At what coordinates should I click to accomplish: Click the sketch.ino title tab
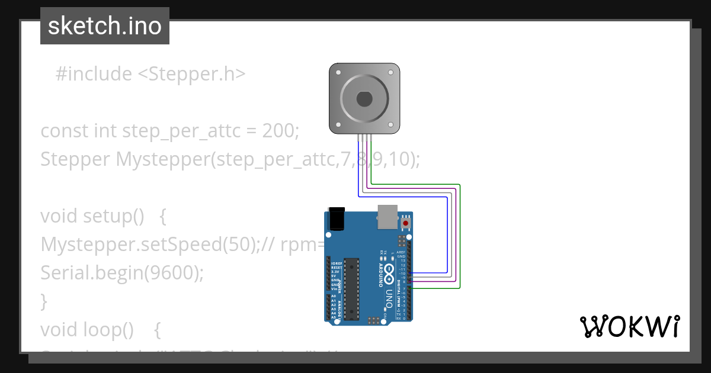click(x=105, y=26)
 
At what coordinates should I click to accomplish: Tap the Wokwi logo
click(x=629, y=326)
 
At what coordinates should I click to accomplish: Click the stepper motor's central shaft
click(x=364, y=98)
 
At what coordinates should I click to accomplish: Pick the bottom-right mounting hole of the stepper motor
click(x=390, y=125)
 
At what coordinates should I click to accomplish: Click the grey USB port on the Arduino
click(x=387, y=217)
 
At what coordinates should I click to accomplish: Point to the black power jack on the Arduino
click(x=337, y=218)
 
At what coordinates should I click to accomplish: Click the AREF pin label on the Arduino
click(x=401, y=252)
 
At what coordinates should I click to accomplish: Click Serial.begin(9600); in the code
click(x=122, y=272)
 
